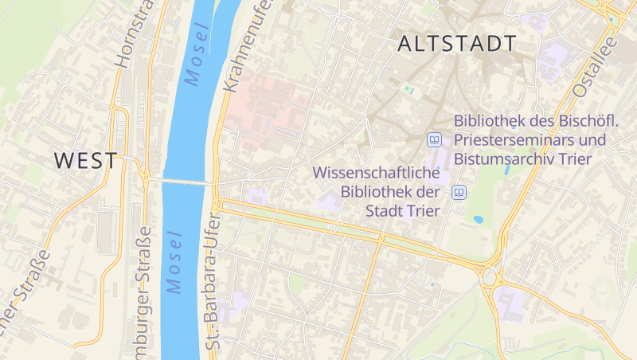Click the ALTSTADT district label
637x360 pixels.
[456, 44]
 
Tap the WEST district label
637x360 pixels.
[85, 160]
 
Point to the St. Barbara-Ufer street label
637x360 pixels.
[212, 280]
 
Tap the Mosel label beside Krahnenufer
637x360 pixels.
[196, 54]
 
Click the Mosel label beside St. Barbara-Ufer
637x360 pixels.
[174, 262]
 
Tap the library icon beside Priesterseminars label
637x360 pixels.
[434, 140]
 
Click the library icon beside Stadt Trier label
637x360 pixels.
[459, 192]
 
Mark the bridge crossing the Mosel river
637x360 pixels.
[181, 182]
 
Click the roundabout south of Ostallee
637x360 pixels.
[491, 276]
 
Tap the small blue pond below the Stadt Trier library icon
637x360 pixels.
[478, 218]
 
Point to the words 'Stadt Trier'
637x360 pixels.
[403, 210]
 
